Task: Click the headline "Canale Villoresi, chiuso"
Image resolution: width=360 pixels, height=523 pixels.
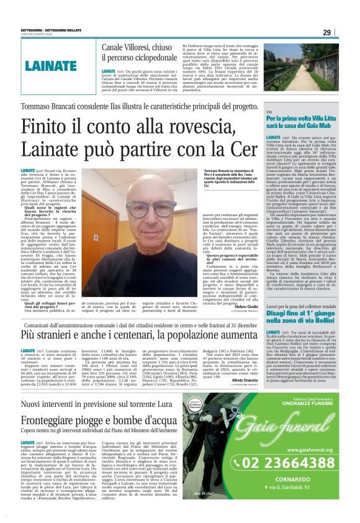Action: (137, 47)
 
